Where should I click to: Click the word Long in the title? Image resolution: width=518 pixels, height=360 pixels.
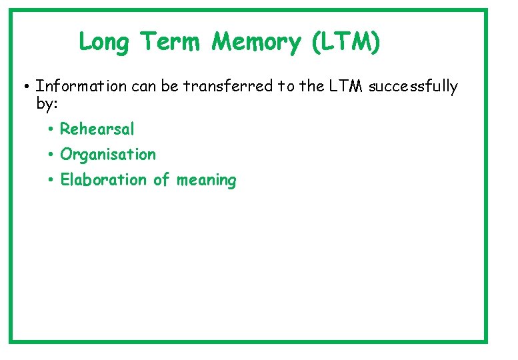[x=105, y=43]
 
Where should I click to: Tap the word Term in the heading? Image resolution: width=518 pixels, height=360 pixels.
[x=170, y=43]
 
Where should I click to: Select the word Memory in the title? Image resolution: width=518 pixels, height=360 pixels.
[x=257, y=43]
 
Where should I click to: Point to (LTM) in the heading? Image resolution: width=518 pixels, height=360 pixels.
[x=346, y=43]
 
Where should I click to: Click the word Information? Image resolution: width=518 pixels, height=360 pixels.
[x=81, y=86]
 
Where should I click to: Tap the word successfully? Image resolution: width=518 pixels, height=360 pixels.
[x=413, y=86]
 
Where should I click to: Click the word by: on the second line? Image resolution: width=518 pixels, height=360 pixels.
[x=47, y=103]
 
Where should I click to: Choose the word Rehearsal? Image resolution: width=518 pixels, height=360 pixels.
[x=97, y=129]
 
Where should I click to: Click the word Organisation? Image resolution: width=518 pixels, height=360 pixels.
[x=108, y=155]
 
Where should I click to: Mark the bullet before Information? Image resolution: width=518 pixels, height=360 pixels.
[x=23, y=87]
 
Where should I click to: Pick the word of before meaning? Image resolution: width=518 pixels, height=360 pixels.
[x=161, y=180]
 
